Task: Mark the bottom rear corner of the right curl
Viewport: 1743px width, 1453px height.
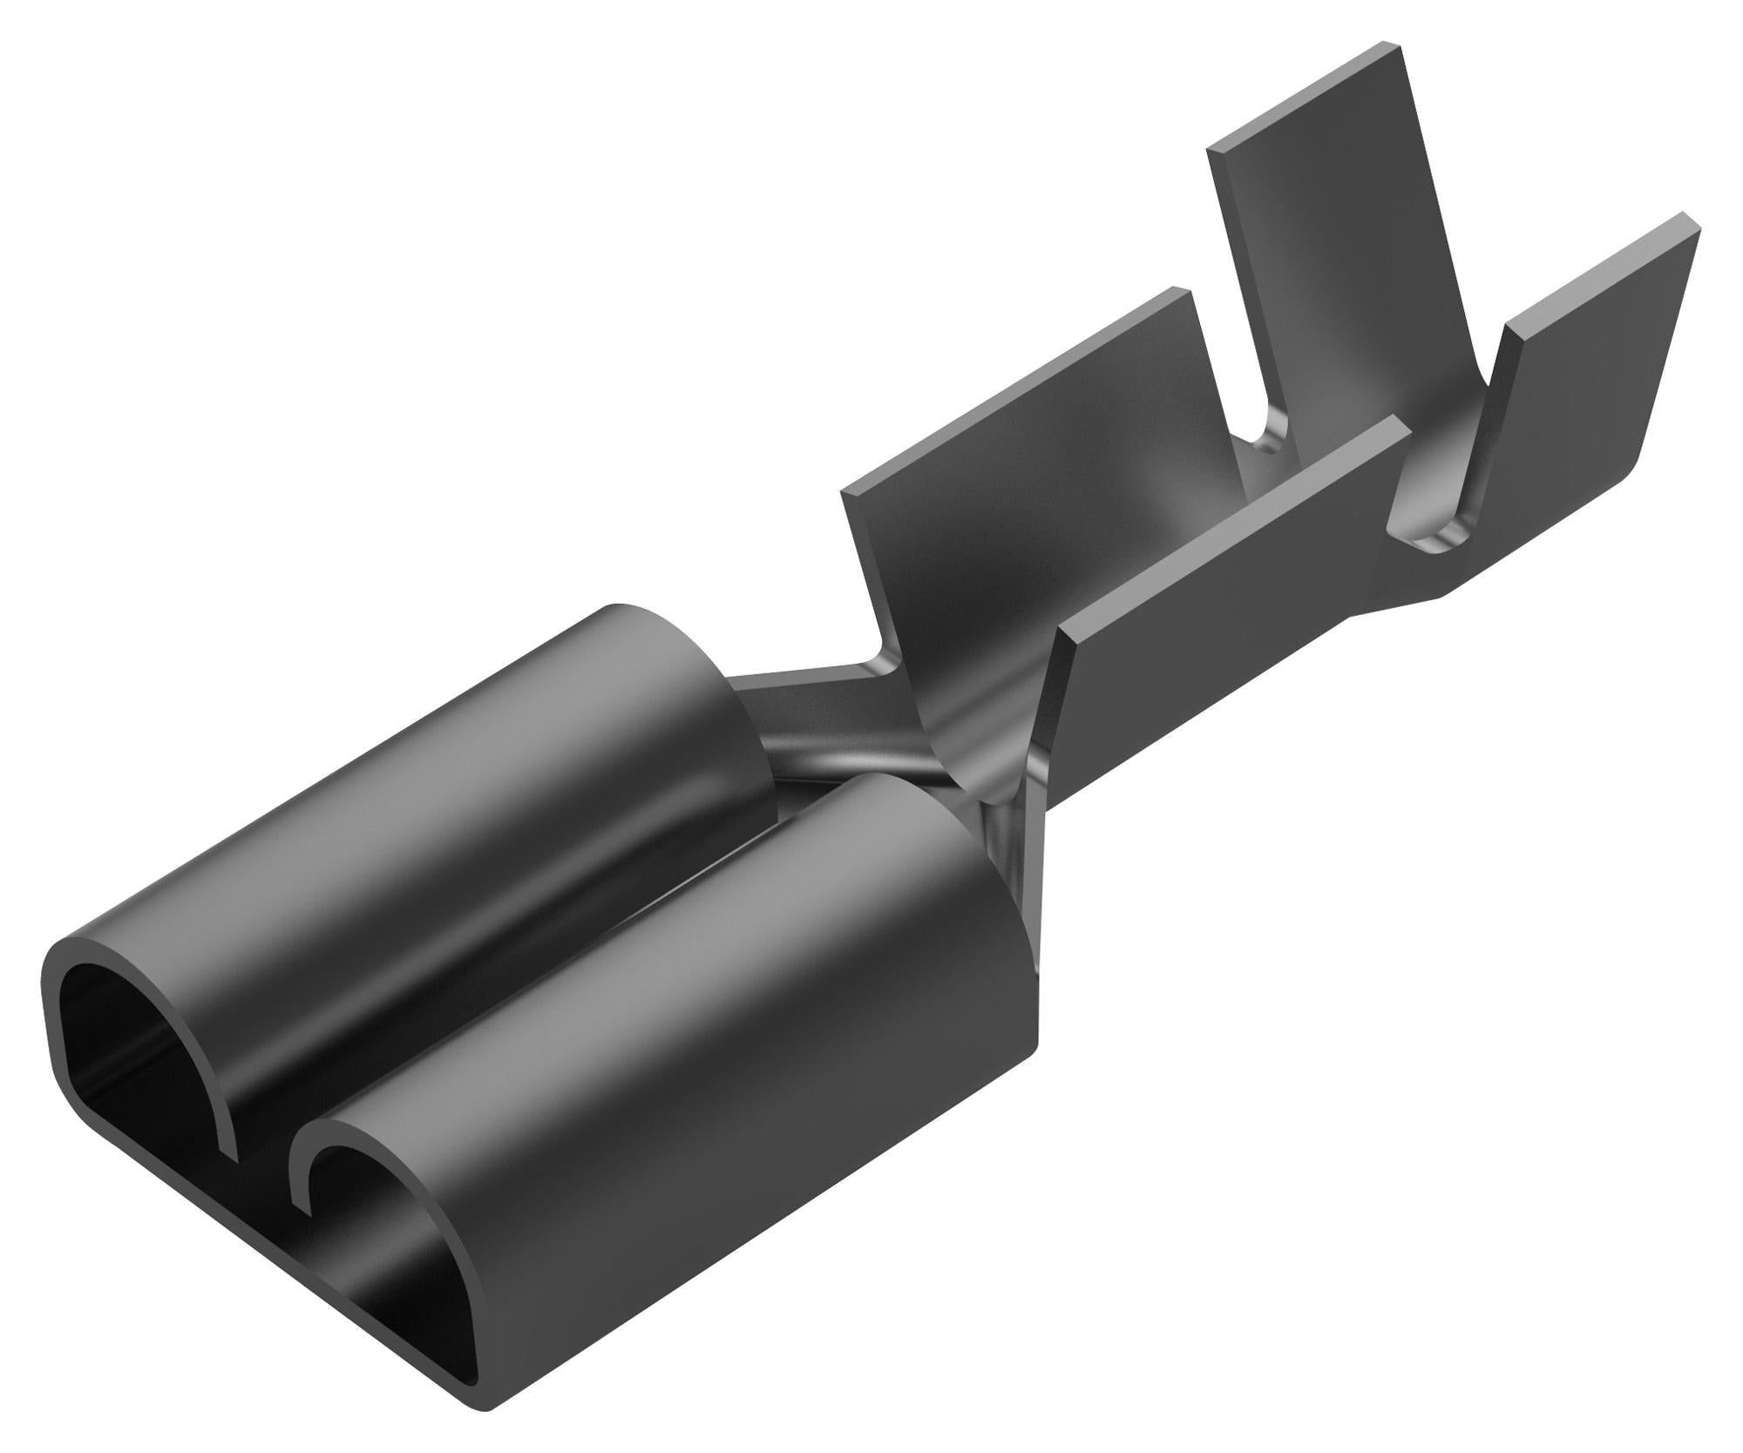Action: pos(1037,1041)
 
